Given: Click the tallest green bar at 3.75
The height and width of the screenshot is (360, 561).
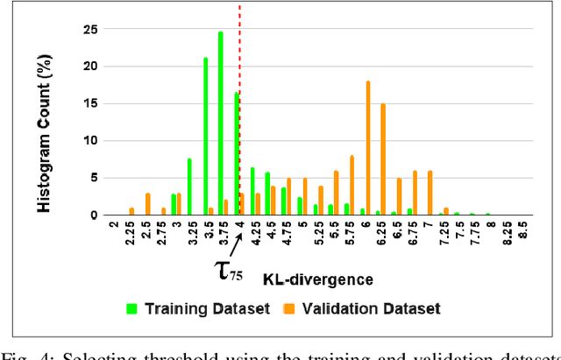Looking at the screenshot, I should [221, 123].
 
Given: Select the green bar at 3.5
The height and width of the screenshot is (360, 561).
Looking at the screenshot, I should [205, 136].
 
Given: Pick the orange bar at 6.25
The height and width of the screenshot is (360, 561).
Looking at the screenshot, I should [383, 159].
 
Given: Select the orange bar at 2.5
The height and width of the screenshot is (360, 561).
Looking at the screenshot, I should [147, 204].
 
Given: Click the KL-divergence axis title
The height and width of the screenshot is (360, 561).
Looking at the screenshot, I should [317, 279].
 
